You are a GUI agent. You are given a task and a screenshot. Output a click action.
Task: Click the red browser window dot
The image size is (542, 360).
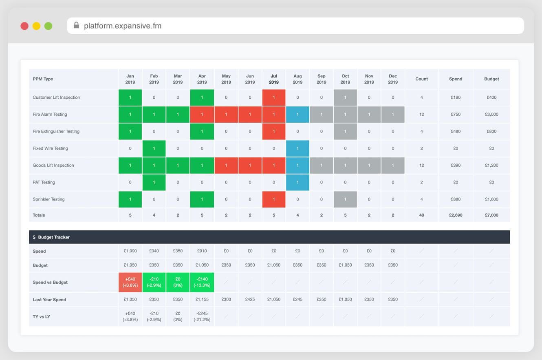pos(24,26)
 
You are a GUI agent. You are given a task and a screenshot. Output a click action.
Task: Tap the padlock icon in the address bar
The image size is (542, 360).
pos(76,25)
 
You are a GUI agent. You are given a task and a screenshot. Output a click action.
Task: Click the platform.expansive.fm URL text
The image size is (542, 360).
pos(123,26)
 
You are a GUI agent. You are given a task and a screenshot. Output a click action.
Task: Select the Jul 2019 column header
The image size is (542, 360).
pos(274,79)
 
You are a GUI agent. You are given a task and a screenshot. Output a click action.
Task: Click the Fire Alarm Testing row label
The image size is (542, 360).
pos(50,115)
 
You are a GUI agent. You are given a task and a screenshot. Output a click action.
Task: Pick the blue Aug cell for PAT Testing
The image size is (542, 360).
pos(297,182)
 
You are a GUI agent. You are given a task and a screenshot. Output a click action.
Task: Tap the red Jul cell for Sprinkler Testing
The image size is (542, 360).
pos(274,199)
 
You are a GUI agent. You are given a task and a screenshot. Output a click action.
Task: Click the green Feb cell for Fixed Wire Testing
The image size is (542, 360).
pos(154,148)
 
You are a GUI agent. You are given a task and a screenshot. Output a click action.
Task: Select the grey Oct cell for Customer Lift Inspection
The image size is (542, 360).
pos(345,97)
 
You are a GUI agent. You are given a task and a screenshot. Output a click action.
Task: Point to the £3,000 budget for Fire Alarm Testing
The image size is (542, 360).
pos(491,115)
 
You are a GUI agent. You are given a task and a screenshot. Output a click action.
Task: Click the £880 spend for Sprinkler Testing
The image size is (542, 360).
pos(456,199)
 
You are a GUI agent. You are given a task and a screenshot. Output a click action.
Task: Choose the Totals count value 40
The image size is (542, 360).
pos(421,215)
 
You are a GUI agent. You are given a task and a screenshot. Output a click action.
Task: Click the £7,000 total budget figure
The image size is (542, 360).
pos(491,215)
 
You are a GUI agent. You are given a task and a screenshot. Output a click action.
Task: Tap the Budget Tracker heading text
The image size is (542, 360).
pos(54,237)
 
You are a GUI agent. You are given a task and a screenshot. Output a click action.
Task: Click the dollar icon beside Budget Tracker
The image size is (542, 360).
pos(34,237)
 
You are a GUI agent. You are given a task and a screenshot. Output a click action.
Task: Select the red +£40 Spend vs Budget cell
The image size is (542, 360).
pos(130,282)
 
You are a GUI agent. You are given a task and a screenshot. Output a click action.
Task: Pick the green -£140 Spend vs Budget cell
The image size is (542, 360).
pos(202,282)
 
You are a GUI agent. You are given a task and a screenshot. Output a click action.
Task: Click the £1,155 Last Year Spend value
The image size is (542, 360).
pos(202,300)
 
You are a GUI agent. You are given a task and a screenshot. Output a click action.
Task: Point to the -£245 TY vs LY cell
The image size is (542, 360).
pos(202,317)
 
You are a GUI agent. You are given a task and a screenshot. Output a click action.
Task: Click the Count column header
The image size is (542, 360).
pos(421,79)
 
